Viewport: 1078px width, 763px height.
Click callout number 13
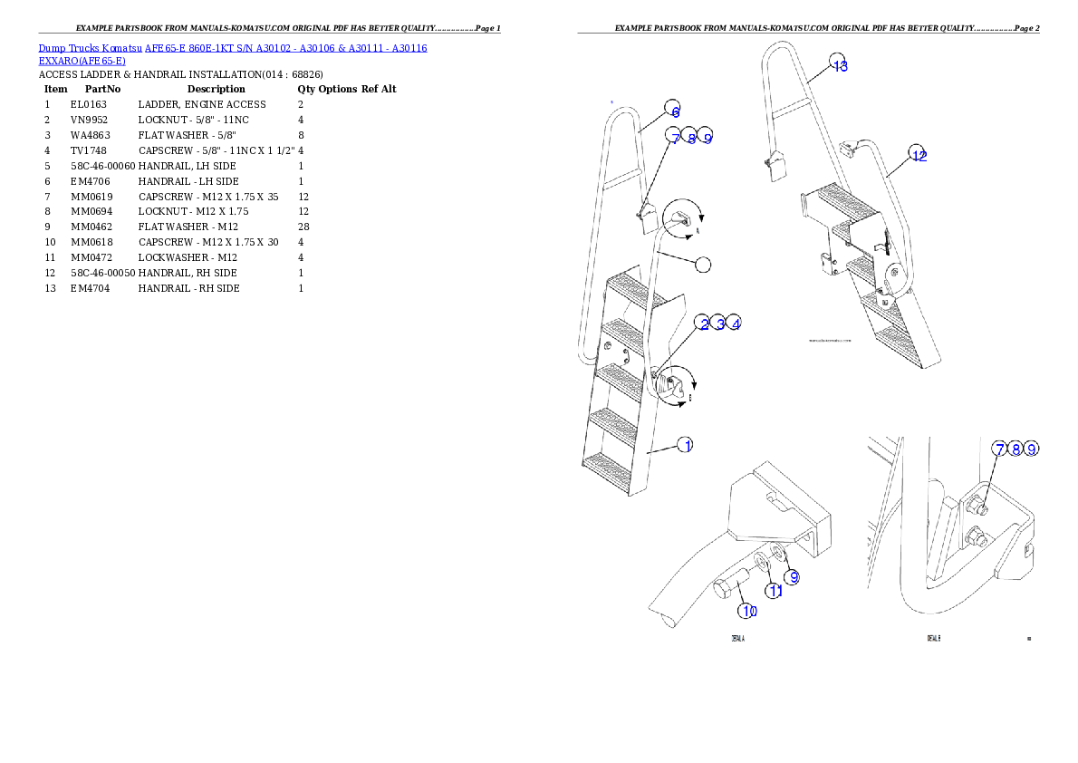pyautogui.click(x=840, y=65)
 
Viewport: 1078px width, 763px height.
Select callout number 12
pyautogui.click(x=919, y=156)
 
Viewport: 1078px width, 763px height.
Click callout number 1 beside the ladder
pyautogui.click(x=688, y=445)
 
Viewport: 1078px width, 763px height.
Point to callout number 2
pyautogui.click(x=703, y=323)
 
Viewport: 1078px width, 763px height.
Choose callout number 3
pyautogui.click(x=719, y=323)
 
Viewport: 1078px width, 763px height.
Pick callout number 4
pyautogui.click(x=736, y=323)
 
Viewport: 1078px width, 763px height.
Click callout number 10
pyautogui.click(x=748, y=610)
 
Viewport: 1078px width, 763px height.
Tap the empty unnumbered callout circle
pyautogui.click(x=703, y=264)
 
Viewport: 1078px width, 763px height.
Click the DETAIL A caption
pyautogui.click(x=738, y=638)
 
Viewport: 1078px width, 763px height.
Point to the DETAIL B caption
pyautogui.click(x=933, y=638)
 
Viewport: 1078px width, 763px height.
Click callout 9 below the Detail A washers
pyautogui.click(x=792, y=576)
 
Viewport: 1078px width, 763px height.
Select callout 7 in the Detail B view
pyautogui.click(x=999, y=449)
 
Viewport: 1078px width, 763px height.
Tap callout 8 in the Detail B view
pyautogui.click(x=1015, y=449)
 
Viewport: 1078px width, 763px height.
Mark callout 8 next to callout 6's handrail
pyautogui.click(x=691, y=138)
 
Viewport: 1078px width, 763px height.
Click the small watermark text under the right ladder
pyautogui.click(x=831, y=342)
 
